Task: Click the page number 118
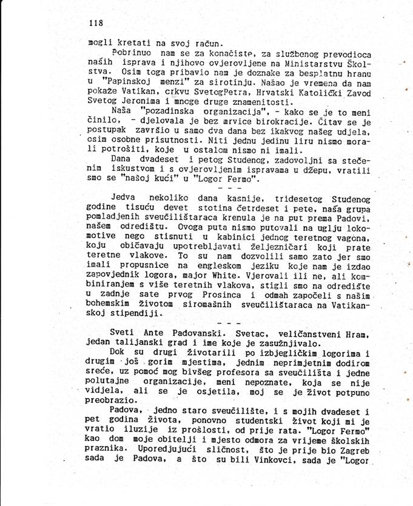coord(96,23)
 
